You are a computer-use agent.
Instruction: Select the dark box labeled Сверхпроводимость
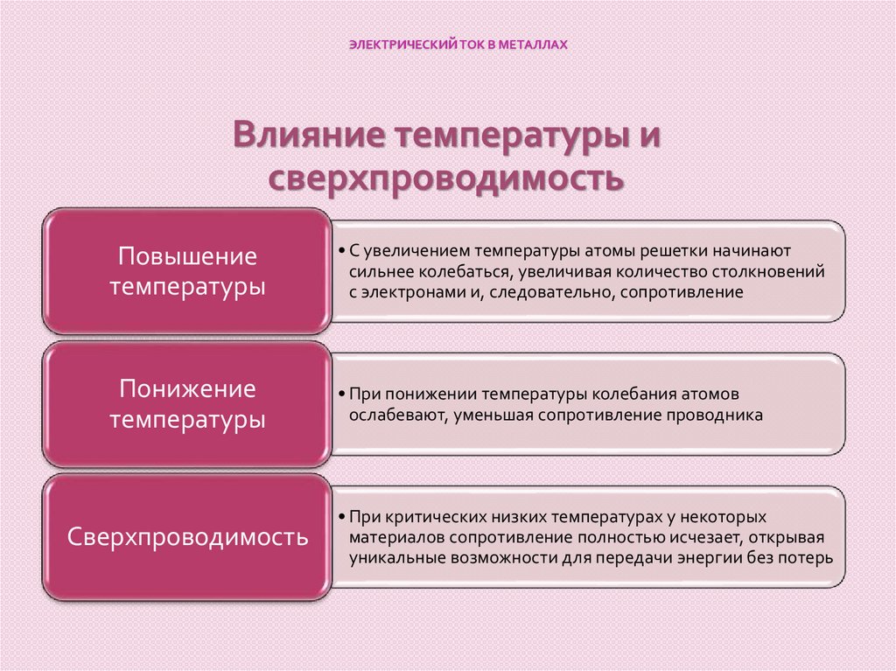(x=187, y=536)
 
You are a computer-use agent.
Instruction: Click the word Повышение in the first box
(x=187, y=256)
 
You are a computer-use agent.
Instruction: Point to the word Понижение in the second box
(x=187, y=388)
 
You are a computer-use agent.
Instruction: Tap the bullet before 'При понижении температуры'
(x=340, y=394)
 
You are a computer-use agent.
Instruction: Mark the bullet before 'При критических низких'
(x=340, y=516)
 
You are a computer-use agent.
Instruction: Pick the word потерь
(x=809, y=557)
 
